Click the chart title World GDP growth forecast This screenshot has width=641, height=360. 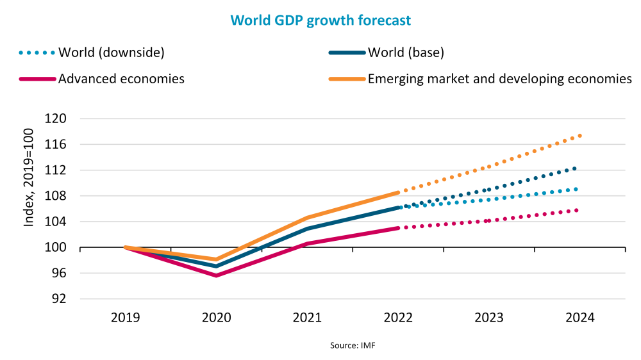(320, 20)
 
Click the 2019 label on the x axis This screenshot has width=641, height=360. (125, 318)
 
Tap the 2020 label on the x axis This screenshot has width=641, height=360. (216, 318)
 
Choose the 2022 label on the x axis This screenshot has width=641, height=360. (399, 318)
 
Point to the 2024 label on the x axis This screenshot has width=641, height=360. (581, 318)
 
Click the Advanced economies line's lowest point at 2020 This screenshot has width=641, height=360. (216, 275)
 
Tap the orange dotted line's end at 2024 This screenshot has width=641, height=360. (579, 135)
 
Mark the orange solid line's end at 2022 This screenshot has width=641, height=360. (398, 192)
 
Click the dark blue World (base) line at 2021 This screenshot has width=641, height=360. (307, 229)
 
